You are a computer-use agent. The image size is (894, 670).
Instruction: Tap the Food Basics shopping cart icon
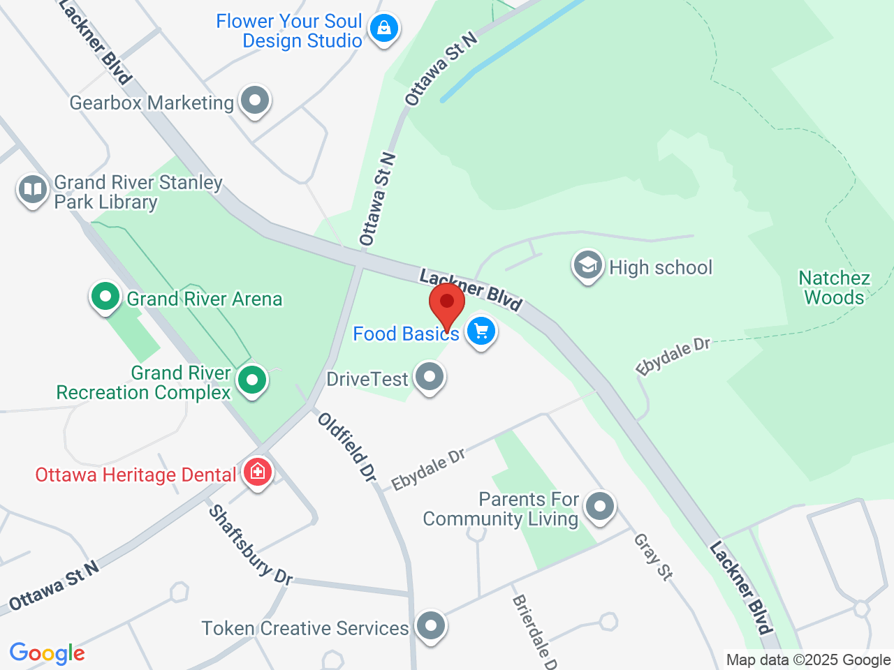pos(481,332)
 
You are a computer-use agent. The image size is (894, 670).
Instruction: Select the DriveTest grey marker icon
pos(430,377)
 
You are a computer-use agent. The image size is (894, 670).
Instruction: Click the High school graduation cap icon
pos(588,266)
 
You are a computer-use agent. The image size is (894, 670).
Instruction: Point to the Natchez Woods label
pos(834,288)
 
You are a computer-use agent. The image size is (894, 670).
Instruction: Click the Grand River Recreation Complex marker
pos(251,380)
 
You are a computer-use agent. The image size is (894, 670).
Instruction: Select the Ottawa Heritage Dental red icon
pos(258,472)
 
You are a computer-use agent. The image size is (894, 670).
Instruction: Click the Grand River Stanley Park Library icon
pos(32,189)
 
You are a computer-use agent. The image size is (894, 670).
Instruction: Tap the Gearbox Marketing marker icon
pos(255,100)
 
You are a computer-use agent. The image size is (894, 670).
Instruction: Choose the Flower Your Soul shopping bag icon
pos(383,29)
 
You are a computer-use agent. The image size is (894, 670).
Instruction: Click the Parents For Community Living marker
pos(599,507)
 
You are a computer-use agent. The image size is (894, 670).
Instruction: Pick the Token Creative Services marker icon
pos(430,625)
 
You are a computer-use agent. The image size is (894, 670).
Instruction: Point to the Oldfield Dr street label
pos(347,447)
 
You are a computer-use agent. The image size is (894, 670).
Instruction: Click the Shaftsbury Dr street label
pos(250,545)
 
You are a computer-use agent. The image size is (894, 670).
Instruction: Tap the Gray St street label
pos(653,557)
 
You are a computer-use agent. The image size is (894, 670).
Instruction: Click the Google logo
pos(47,654)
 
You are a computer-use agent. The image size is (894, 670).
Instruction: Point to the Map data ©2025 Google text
pos(808,660)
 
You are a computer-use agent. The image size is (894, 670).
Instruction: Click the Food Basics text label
pos(406,334)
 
